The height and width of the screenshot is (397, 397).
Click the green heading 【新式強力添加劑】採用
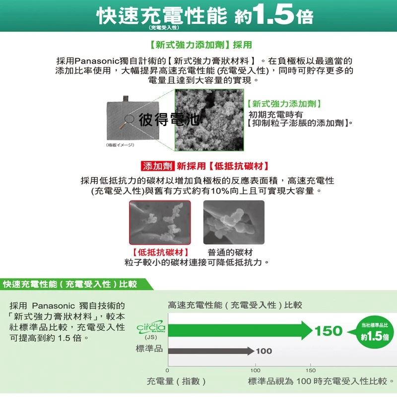200,45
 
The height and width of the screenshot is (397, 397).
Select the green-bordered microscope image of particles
209,120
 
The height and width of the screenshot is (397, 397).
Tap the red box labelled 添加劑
155,166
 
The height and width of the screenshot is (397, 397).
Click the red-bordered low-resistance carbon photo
159,222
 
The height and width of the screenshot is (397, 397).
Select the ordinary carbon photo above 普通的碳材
234,222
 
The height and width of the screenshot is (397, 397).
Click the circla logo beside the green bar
151,329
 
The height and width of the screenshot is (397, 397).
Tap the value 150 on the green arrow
329,331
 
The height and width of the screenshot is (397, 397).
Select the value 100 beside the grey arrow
264,351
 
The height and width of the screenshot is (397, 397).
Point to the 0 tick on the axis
168,371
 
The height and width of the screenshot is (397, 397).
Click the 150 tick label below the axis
310,371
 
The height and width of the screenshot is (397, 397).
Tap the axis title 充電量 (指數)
177,381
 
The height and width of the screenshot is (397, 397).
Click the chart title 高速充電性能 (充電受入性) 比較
235,305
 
